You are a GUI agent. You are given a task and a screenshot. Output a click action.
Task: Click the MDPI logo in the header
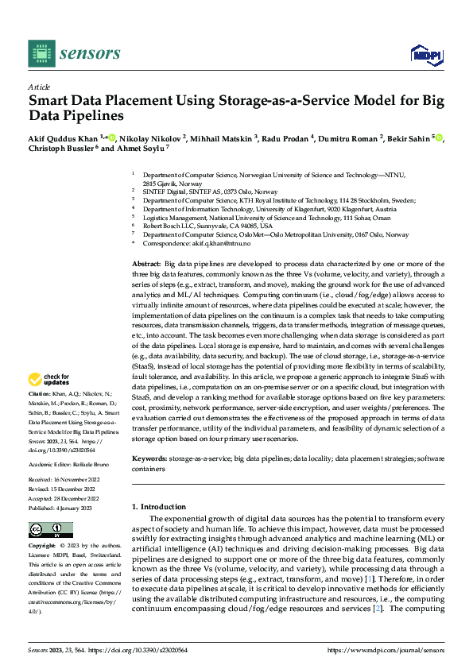[x=425, y=53]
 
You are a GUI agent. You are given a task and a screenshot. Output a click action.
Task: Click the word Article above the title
[x=39, y=87]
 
